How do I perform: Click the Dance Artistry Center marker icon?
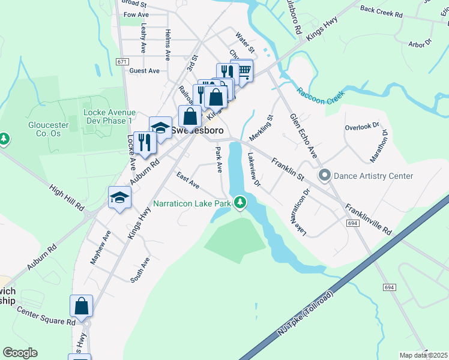click(325, 176)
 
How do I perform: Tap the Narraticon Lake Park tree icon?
click(240, 203)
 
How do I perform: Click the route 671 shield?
click(122, 61)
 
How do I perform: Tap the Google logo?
click(20, 353)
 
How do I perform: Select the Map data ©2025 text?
click(423, 355)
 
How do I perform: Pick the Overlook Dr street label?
click(362, 127)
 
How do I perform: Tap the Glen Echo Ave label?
click(303, 136)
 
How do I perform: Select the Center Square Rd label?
click(46, 316)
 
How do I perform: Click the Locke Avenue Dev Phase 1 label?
click(108, 116)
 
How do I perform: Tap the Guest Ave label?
click(144, 70)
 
